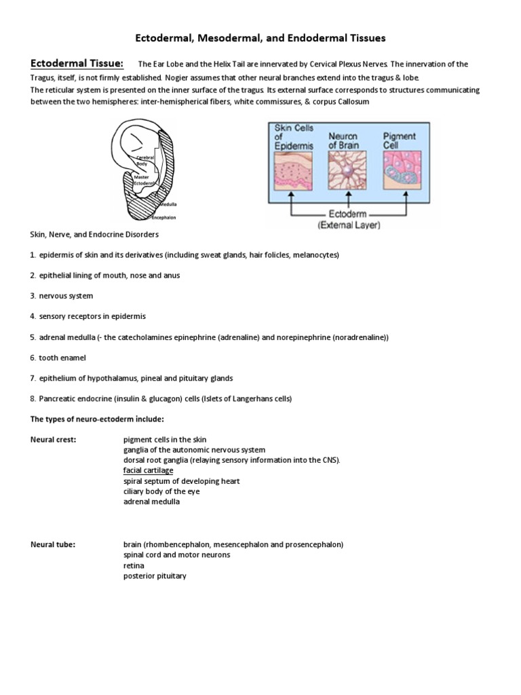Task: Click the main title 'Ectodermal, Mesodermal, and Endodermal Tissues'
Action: [x=260, y=39]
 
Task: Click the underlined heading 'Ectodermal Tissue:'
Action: [x=77, y=64]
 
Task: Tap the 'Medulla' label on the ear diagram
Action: [x=169, y=204]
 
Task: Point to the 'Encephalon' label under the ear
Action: [x=163, y=218]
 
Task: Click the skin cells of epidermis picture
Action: [x=294, y=170]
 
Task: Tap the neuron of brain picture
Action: [x=347, y=170]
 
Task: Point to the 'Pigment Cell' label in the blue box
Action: [x=400, y=140]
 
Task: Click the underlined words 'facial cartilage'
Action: [x=148, y=470]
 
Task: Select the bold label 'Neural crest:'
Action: [x=54, y=440]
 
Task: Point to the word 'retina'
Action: [x=134, y=565]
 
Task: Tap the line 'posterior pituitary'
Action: [x=155, y=576]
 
